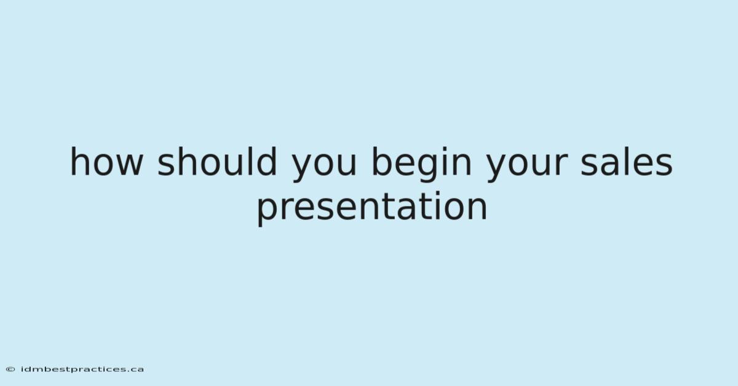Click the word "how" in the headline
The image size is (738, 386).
pos(107,161)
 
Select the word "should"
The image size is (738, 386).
pos(216,161)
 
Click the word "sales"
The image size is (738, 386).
pos(626,161)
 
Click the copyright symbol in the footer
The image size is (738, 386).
pos(10,369)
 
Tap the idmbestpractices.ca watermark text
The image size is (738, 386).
pos(82,369)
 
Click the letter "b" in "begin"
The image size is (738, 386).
pos(382,161)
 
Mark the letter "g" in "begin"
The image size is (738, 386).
pos(431,167)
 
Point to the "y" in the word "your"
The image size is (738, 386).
pos(498,167)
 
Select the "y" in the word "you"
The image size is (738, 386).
pos(303,167)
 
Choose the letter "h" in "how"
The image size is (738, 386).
pos(79,161)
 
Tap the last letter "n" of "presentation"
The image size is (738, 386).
pos(477,208)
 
